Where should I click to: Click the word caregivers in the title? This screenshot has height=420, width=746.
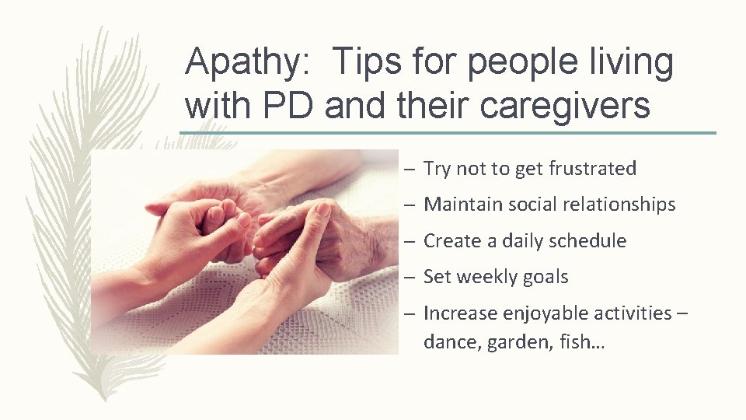565,106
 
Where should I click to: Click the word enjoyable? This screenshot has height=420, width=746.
542,313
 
